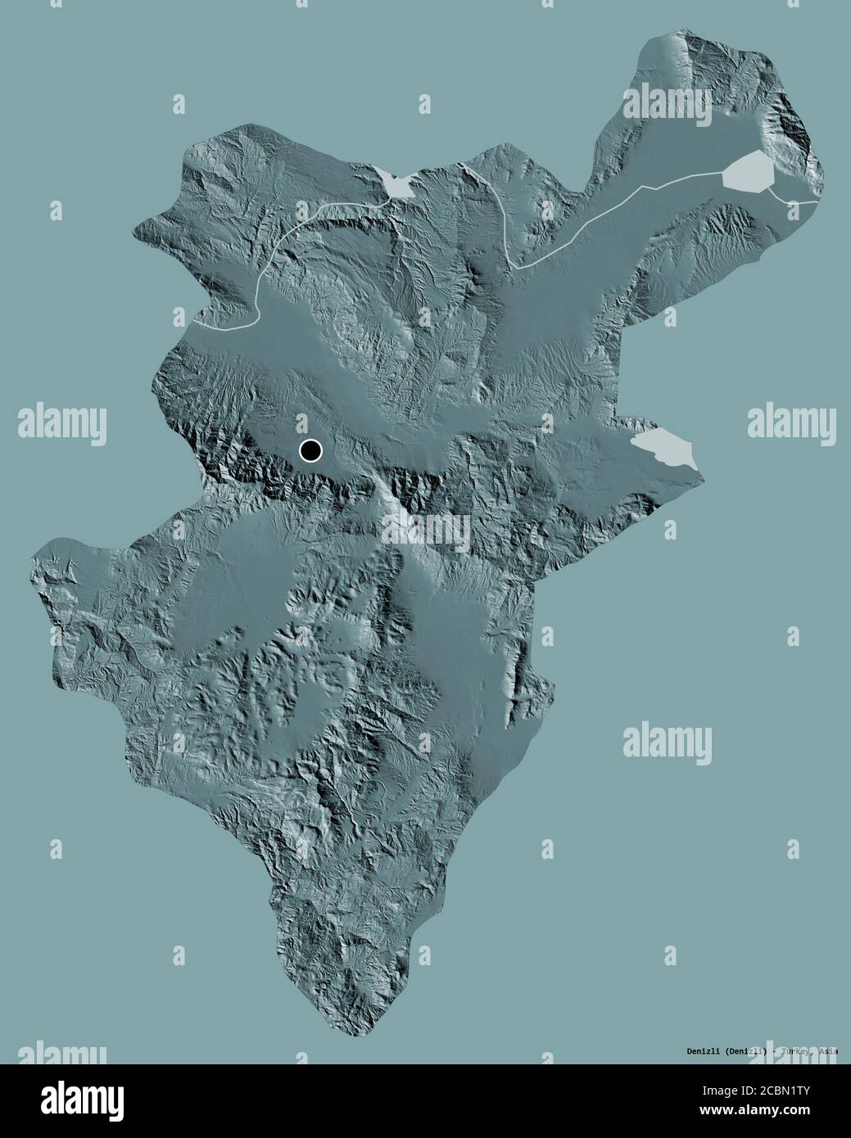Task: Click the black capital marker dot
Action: point(311,449)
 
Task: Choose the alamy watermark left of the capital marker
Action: point(62,422)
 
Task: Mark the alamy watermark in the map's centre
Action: point(426,528)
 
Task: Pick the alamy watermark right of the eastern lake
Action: point(790,422)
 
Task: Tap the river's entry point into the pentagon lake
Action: point(723,172)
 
